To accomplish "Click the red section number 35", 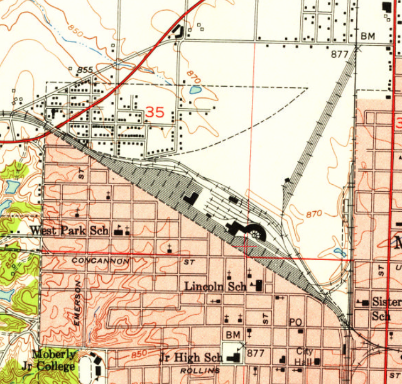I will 155,112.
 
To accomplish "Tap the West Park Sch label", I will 70,231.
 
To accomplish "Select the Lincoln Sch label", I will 215,287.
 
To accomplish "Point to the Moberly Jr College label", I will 54,359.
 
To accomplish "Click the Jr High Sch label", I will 190,358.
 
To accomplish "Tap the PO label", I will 295,322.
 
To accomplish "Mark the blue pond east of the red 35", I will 196,90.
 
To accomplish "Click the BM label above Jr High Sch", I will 233,334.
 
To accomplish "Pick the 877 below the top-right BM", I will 339,54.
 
